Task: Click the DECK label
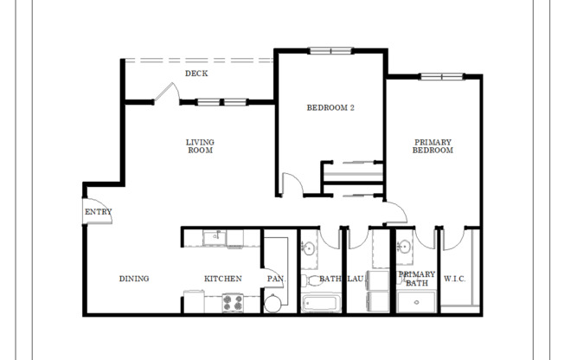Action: click(195, 74)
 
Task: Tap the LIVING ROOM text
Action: click(200, 146)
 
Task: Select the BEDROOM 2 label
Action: click(330, 108)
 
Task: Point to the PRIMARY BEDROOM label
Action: click(433, 146)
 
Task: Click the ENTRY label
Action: click(98, 212)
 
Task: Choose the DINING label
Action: click(134, 279)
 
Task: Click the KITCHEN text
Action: click(222, 279)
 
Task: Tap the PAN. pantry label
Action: click(275, 279)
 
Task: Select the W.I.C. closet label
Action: click(455, 279)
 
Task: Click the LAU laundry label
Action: click(355, 279)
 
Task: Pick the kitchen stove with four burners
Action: click(234, 303)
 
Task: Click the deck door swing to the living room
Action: click(167, 93)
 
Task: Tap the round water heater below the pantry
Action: click(274, 302)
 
